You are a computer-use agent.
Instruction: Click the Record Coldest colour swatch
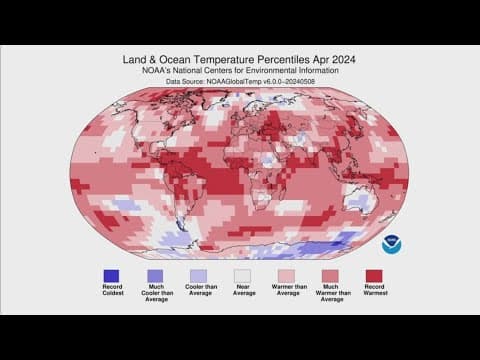pos(111,276)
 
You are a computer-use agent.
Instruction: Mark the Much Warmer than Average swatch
pos(329,276)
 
